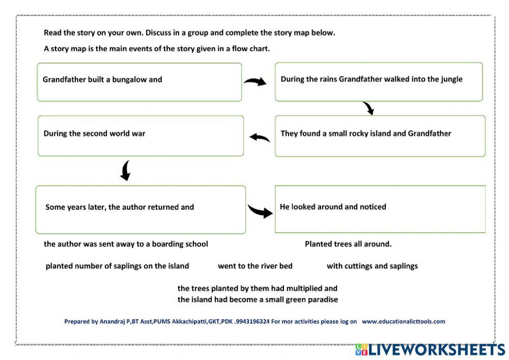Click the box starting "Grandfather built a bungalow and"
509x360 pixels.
pyautogui.click(x=139, y=82)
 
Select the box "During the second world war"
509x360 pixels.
pyautogui.click(x=140, y=135)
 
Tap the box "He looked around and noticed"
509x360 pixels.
pyautogui.click(x=380, y=209)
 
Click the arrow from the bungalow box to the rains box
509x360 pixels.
pyautogui.click(x=255, y=81)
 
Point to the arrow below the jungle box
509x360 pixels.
pyautogui.click(x=368, y=108)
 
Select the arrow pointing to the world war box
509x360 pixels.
pyautogui.click(x=260, y=137)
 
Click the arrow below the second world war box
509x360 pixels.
pyautogui.click(x=125, y=171)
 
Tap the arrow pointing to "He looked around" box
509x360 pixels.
pyautogui.click(x=260, y=210)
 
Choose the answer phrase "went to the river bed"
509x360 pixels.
pyautogui.click(x=255, y=266)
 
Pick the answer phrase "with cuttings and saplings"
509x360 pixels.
pyautogui.click(x=372, y=266)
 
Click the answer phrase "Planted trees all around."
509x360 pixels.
pyautogui.click(x=348, y=244)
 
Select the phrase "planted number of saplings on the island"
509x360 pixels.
pyautogui.click(x=117, y=266)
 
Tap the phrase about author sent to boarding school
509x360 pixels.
pyautogui.click(x=126, y=244)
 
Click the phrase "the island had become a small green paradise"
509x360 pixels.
pyautogui.click(x=258, y=299)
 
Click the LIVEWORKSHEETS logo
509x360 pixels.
pyautogui.click(x=430, y=350)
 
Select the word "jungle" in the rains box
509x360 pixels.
pyautogui.click(x=450, y=79)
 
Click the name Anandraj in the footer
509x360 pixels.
pyautogui.click(x=115, y=321)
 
